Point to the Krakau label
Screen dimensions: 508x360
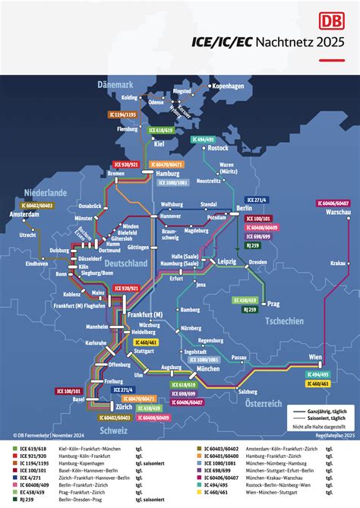pos(339,284)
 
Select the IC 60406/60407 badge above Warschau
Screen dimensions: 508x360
pos(334,203)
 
